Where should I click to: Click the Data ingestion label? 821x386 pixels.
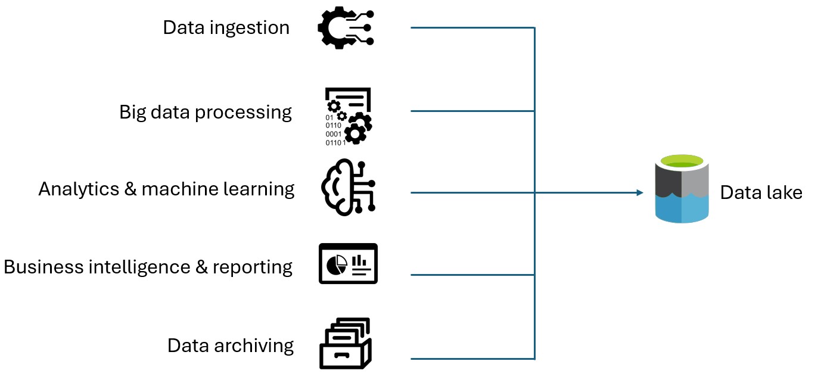pos(226,27)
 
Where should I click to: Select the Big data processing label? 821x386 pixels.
pos(206,112)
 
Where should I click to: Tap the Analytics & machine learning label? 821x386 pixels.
pos(166,189)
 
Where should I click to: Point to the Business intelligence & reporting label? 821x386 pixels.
pos(148,266)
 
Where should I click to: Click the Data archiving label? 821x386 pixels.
pos(230,345)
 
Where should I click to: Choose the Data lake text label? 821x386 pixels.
pos(761,192)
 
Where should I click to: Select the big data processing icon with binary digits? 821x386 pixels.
pos(348,117)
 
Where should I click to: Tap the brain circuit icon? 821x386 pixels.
pos(348,188)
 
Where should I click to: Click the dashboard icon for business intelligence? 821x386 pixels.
pos(348,263)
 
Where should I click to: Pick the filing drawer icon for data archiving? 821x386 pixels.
pos(345,344)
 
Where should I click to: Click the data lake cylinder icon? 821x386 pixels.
pos(682,189)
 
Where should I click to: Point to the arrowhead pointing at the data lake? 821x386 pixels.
pos(640,192)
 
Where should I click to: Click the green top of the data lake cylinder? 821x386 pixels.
pos(682,161)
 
